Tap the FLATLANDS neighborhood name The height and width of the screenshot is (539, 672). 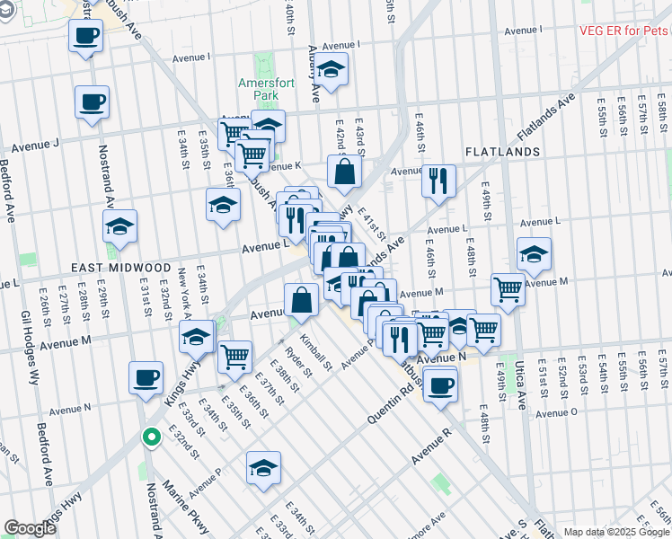point(500,153)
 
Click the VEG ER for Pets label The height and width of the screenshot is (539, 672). point(623,31)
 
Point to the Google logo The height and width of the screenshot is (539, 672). point(30,528)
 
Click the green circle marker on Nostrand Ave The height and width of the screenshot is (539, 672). point(152,437)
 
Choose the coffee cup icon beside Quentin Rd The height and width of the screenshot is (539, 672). point(439,387)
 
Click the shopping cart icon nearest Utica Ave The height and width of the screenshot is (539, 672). point(508,290)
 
